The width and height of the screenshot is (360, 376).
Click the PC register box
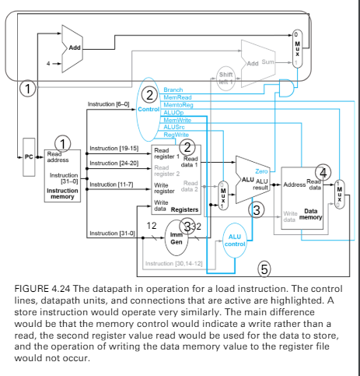click(29, 156)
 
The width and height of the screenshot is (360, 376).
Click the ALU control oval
click(234, 237)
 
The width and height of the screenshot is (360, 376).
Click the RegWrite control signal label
click(176, 135)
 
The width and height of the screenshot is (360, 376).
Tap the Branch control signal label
click(173, 90)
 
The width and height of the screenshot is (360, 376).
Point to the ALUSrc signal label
click(174, 128)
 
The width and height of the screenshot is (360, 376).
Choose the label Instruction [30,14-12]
click(174, 265)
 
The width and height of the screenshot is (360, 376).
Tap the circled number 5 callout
click(264, 269)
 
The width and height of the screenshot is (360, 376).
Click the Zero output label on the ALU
click(261, 170)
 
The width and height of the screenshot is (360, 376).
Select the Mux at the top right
click(295, 47)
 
